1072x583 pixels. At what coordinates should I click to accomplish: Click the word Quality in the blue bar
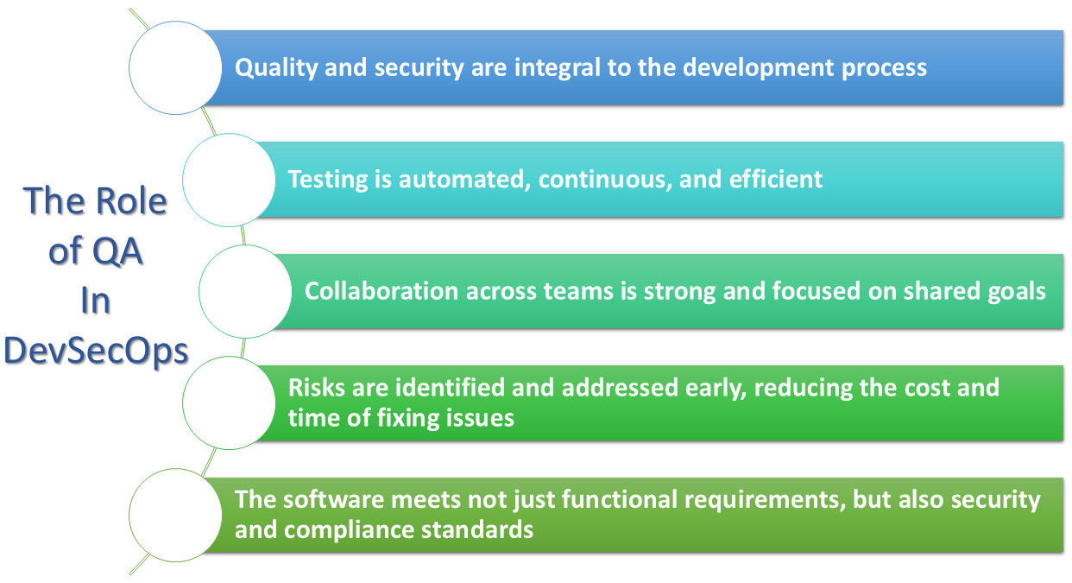(x=276, y=68)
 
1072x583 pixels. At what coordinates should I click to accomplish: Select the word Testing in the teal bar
(x=328, y=181)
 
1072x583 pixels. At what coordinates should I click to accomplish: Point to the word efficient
(x=775, y=179)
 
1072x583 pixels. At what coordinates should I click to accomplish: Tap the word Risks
(x=317, y=387)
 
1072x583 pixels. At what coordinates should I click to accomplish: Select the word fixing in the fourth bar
(x=407, y=418)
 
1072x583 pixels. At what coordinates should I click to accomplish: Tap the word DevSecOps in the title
(x=96, y=352)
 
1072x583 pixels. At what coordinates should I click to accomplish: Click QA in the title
(x=117, y=251)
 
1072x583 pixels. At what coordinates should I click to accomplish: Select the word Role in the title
(x=131, y=200)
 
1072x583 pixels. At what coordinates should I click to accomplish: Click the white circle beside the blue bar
(x=175, y=68)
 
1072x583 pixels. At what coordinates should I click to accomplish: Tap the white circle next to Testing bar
(x=229, y=181)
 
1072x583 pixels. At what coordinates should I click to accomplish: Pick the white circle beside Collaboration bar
(x=245, y=291)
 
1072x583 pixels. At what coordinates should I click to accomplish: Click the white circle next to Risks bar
(x=229, y=402)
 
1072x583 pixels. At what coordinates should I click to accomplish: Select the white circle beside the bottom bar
(x=175, y=515)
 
